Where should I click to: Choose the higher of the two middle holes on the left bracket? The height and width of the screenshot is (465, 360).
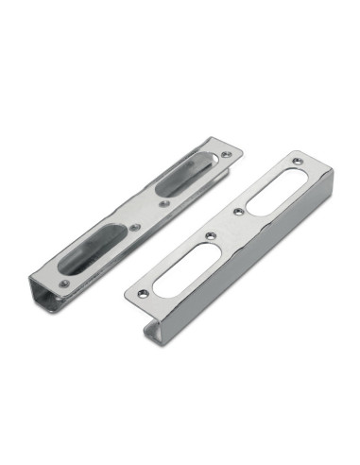tap(164, 202)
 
